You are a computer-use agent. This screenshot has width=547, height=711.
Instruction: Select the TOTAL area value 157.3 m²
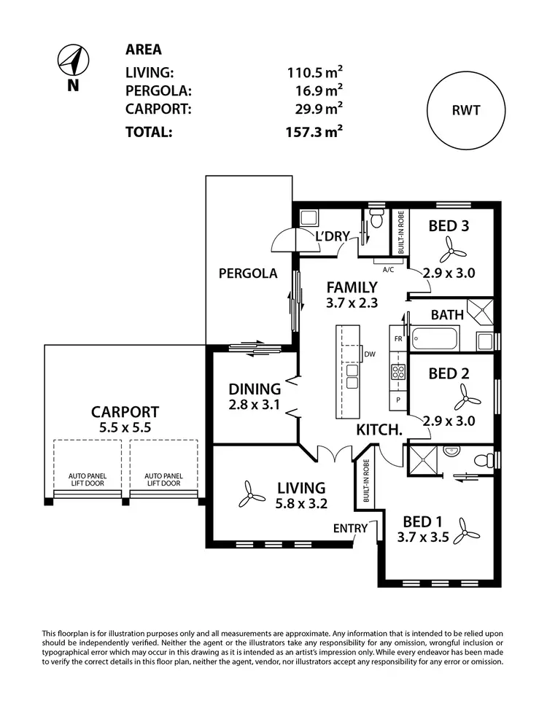[314, 132]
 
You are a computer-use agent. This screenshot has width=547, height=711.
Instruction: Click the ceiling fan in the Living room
[251, 496]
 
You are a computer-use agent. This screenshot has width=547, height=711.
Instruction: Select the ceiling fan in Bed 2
[465, 398]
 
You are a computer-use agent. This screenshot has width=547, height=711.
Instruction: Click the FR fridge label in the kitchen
[398, 340]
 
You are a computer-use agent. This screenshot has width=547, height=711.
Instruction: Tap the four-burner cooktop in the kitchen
[399, 372]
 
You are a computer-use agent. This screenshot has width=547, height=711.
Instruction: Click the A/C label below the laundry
[388, 269]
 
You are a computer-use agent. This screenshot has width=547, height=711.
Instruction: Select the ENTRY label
[347, 527]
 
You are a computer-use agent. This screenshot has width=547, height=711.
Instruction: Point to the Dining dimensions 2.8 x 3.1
[255, 404]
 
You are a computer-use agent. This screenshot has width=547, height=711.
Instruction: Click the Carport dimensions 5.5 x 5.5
[125, 429]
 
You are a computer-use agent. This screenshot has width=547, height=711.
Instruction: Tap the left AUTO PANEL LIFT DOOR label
[88, 479]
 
